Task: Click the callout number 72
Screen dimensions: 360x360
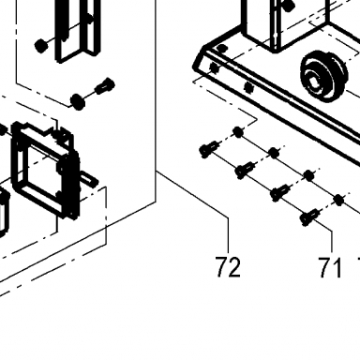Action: point(229,267)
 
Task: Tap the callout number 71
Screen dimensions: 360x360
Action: point(330,267)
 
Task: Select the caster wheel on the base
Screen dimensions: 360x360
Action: point(324,77)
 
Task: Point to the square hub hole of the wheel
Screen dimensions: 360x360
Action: point(313,84)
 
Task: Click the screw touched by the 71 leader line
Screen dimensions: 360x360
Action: point(309,217)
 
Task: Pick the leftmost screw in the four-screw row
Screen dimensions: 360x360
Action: point(209,149)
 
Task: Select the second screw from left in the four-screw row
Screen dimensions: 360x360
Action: point(246,170)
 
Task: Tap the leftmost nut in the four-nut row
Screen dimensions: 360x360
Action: point(238,132)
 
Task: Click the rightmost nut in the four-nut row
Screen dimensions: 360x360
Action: point(338,200)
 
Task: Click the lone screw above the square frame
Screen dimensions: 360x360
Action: point(106,85)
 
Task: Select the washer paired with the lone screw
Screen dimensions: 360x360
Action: point(78,101)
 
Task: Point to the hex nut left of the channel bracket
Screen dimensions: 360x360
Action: point(41,46)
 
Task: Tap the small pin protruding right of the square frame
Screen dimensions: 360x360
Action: point(89,179)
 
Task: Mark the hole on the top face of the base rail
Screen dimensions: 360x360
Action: point(221,48)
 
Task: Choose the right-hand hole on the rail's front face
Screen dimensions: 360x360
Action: point(248,87)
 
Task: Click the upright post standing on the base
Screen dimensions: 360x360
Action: point(285,24)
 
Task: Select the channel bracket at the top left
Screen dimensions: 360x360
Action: point(78,30)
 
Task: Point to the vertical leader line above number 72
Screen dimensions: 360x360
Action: point(229,234)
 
